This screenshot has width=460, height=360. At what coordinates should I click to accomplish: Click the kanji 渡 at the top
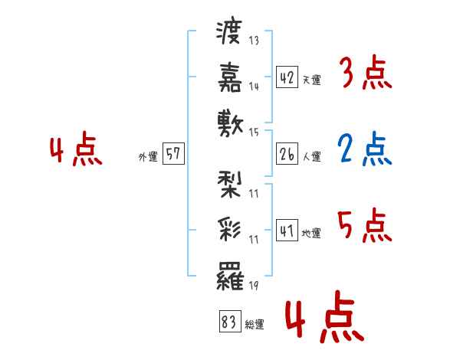click(230, 33)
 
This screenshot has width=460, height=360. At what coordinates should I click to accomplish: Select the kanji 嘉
click(230, 77)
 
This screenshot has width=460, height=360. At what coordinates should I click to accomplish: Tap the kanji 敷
click(230, 123)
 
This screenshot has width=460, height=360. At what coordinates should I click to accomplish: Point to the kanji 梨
click(230, 184)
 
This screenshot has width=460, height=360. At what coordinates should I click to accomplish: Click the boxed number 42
click(287, 77)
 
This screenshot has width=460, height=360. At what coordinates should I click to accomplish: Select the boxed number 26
click(287, 153)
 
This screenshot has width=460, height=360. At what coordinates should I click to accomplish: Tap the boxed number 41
click(287, 230)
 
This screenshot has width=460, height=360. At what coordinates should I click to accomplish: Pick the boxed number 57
click(173, 154)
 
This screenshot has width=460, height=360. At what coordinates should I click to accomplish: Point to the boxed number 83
click(229, 322)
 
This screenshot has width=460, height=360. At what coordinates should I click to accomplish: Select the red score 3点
click(364, 75)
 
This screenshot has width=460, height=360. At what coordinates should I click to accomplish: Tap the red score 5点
click(364, 226)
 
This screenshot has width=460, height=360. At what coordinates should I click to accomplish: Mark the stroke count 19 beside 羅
click(253, 285)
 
